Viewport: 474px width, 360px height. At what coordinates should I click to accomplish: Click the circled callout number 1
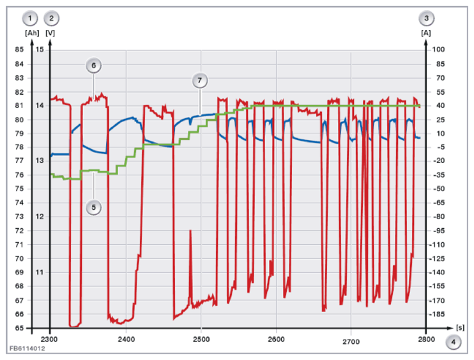tap(29, 19)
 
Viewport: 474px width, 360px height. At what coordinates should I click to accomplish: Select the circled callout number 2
tap(51, 19)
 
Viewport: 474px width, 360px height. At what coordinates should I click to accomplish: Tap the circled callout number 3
tap(426, 19)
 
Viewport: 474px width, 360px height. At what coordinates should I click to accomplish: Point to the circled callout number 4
tap(453, 342)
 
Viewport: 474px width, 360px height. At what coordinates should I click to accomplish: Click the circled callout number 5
tap(93, 208)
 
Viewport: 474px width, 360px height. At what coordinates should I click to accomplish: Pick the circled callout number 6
tap(93, 65)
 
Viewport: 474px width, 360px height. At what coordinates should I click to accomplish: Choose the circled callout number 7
tap(199, 81)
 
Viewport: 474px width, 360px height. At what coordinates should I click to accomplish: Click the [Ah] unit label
tap(32, 33)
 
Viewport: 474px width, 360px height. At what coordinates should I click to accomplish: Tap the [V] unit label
tap(50, 33)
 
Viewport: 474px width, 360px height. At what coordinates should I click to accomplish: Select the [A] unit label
tap(426, 33)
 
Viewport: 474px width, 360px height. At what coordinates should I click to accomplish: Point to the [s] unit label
tap(460, 327)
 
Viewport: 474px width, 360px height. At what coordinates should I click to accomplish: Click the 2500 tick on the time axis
tap(201, 340)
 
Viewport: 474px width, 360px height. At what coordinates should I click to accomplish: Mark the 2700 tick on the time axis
tap(351, 342)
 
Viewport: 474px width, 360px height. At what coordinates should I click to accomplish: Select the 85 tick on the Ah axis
tap(19, 49)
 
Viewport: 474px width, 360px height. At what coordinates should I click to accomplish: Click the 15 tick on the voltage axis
tap(40, 49)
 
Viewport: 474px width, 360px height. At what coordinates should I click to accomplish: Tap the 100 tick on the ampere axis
tap(438, 49)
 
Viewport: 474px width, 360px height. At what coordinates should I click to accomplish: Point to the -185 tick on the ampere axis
tap(437, 315)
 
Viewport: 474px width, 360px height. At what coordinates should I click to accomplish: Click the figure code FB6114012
tap(27, 348)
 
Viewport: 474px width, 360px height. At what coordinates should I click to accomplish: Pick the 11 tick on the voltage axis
tap(40, 272)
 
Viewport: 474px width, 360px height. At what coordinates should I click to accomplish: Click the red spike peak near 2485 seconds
tap(190, 231)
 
